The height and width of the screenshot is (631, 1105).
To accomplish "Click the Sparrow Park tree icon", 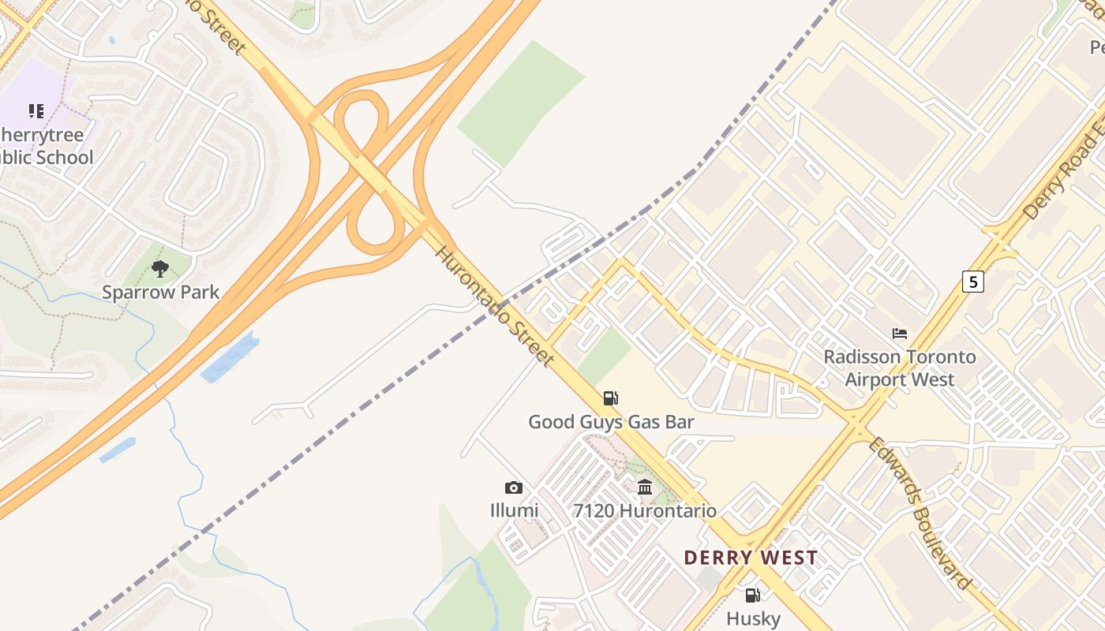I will pos(160,269).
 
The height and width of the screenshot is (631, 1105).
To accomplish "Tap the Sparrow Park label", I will pos(160,292).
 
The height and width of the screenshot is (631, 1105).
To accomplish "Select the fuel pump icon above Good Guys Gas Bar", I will pos(610,398).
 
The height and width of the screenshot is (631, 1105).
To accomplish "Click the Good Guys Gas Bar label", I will pos(611,422).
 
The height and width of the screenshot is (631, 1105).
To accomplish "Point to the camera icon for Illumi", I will pos(514,488).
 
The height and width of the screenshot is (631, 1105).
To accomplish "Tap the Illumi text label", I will pos(514,510).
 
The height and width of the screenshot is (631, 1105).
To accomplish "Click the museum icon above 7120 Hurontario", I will pos(645,487).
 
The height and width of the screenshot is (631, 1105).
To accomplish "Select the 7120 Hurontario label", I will pos(645,510).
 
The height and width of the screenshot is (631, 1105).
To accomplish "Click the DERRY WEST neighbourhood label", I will pos(751,558).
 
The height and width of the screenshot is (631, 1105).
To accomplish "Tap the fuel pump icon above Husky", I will pos(753,596).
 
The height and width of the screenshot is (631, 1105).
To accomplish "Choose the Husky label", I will pos(753,618).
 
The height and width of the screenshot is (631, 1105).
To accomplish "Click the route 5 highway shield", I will pos(973,281).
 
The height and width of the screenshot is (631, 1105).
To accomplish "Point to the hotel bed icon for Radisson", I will pos(900,334).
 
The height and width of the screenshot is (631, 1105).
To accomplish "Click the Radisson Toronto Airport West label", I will pos(900,368).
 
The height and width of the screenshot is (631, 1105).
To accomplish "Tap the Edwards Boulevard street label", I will pos(920,513).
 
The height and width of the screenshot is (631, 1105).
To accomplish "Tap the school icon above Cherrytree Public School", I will pos(36,111).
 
